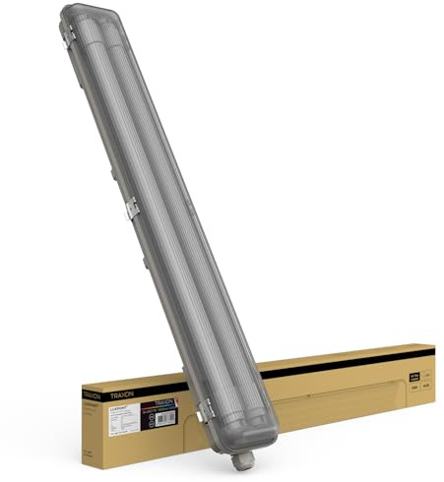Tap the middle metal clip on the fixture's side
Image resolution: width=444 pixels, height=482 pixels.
[132, 208]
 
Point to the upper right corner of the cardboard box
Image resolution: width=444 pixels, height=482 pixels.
[433, 345]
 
